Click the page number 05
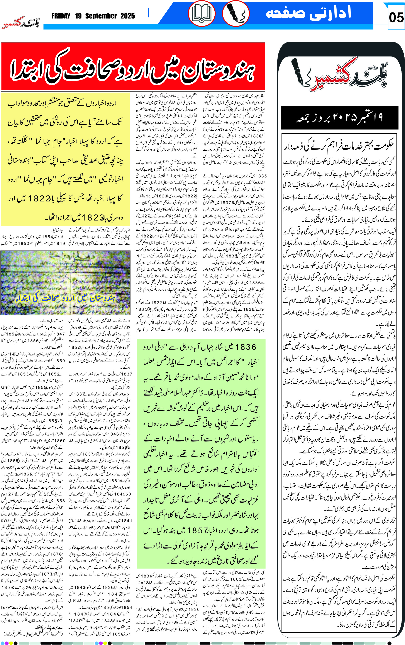pyautogui.click(x=396, y=18)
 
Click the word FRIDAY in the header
pyautogui.click(x=61, y=16)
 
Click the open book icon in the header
pyautogui.click(x=202, y=13)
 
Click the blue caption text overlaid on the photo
pyautogui.click(x=65, y=298)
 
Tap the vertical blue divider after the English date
pyautogui.click(x=148, y=13)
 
